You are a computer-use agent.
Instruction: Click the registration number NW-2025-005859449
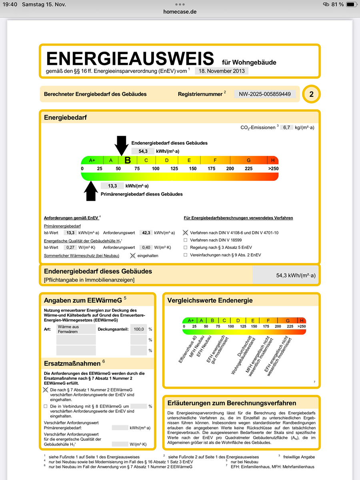click(265, 94)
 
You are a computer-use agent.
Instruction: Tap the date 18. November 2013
click(222, 71)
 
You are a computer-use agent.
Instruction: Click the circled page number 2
click(311, 94)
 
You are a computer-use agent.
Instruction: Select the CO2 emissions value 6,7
click(286, 127)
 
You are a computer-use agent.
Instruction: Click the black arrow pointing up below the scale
click(92, 191)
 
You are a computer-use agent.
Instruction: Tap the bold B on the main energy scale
click(128, 160)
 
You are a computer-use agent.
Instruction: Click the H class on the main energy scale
click(273, 160)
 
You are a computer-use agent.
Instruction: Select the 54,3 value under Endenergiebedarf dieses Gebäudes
click(143, 151)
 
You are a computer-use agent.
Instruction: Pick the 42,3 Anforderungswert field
click(145, 232)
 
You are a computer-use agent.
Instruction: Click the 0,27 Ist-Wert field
click(71, 247)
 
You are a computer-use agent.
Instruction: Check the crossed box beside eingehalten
click(132, 255)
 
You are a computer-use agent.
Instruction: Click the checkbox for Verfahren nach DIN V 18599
click(185, 240)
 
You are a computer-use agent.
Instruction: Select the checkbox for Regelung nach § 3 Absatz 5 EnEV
click(185, 248)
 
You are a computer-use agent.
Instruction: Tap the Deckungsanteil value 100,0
click(138, 329)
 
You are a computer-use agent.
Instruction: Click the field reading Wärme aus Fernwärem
click(76, 329)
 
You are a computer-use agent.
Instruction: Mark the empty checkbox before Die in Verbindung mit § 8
click(46, 406)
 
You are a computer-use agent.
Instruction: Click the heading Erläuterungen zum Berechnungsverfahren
click(232, 403)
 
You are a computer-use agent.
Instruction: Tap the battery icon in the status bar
click(351, 4)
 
